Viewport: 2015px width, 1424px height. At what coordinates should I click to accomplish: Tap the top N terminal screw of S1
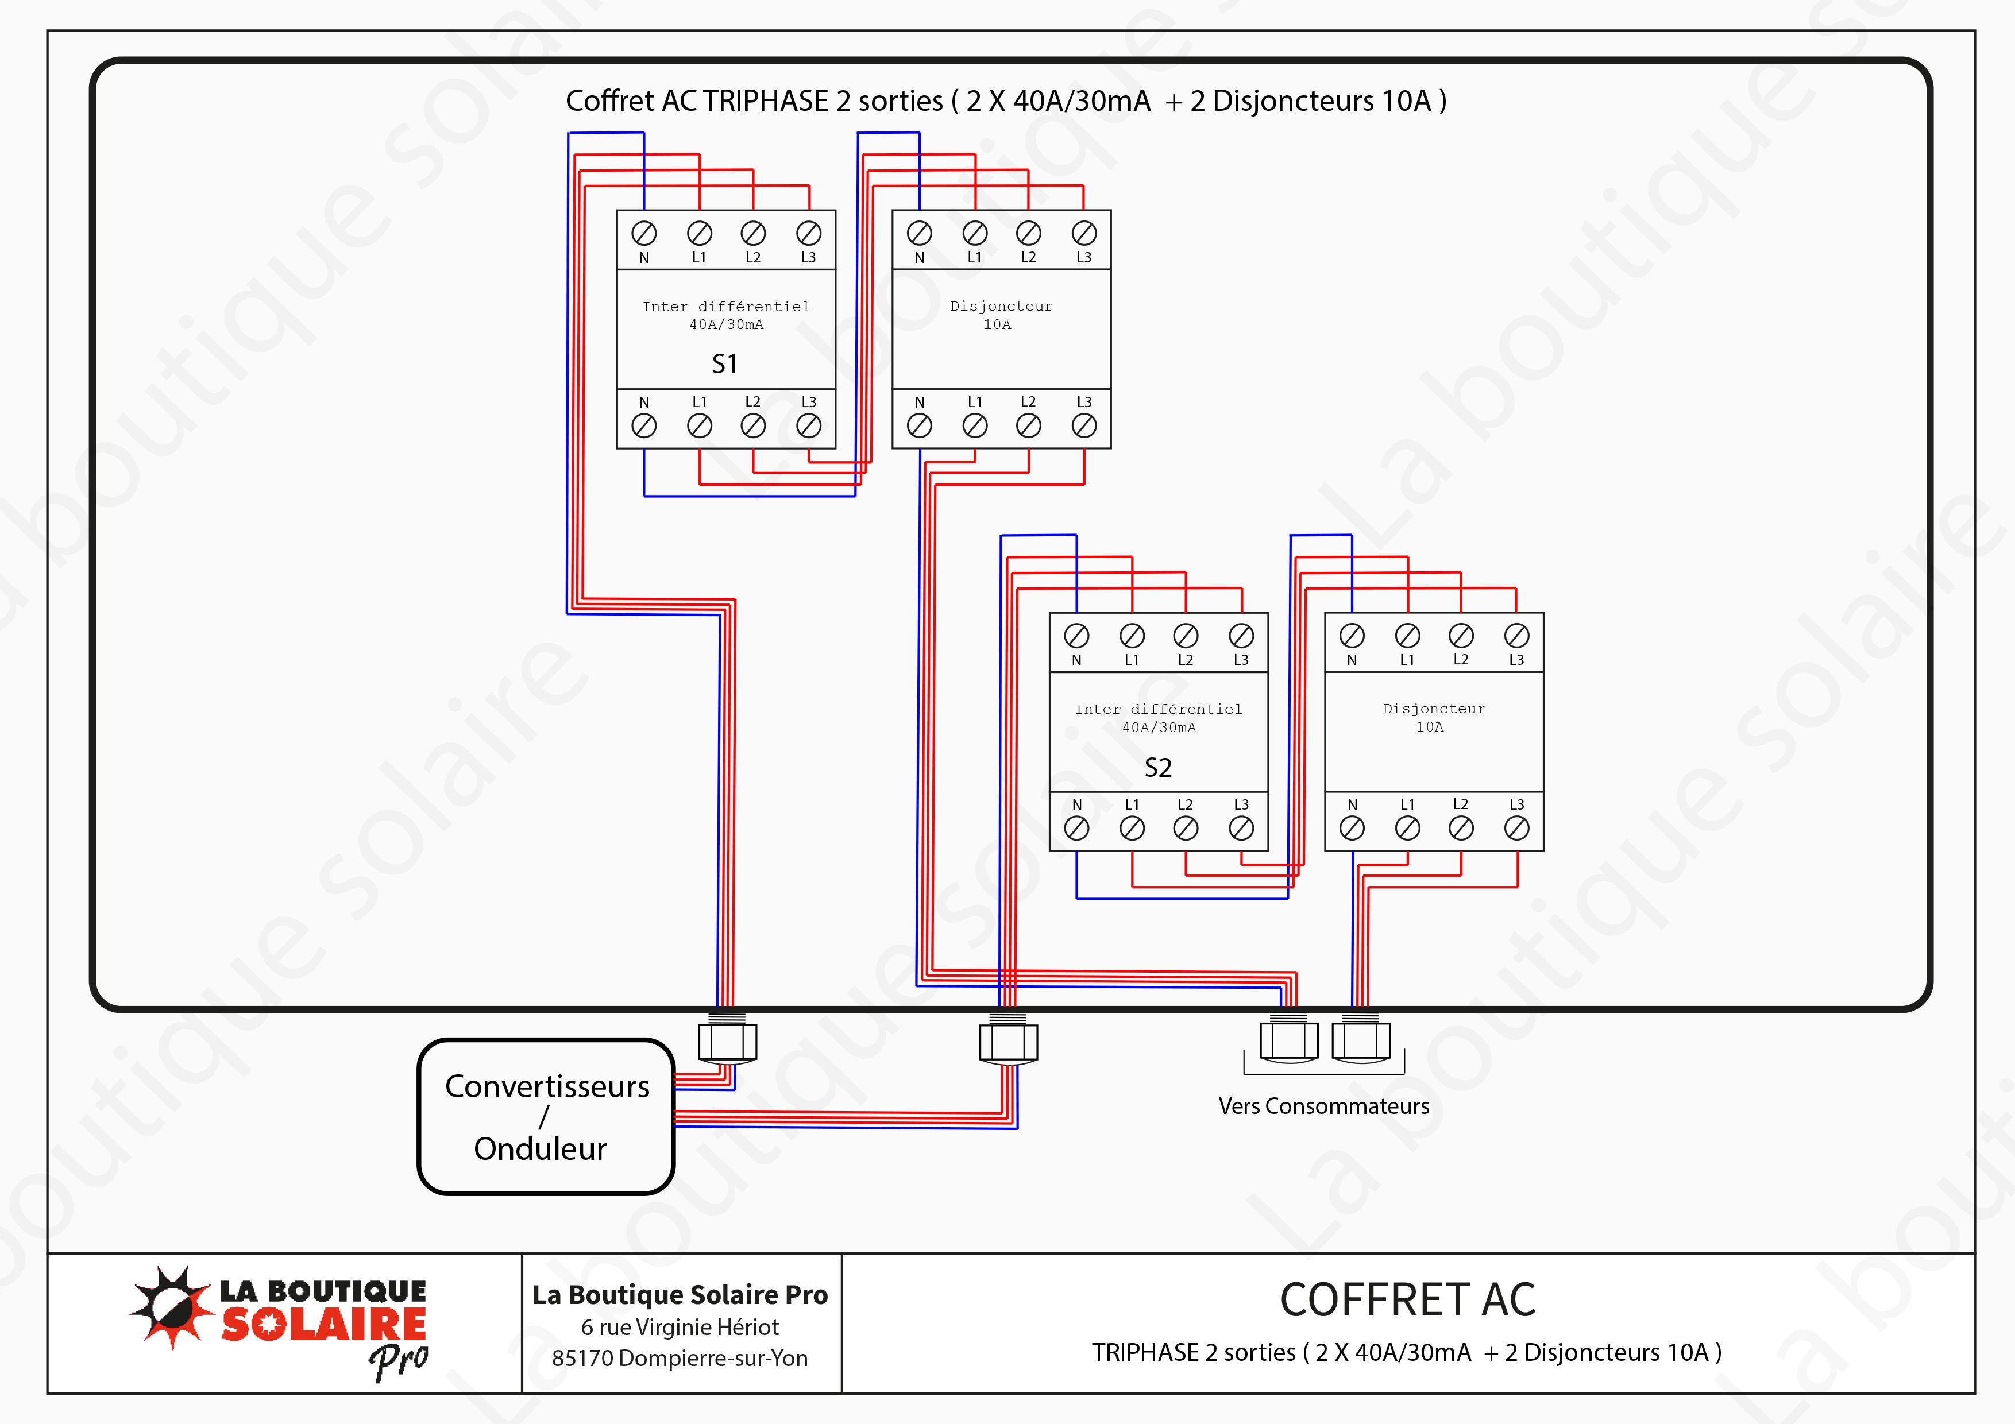(644, 233)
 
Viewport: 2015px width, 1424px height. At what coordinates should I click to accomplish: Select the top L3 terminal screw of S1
(808, 233)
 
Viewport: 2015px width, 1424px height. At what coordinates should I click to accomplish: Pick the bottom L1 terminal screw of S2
(1132, 828)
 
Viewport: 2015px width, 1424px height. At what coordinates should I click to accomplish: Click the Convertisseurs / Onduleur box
(546, 1116)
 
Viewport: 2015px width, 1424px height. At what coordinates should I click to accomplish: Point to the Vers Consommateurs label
(1323, 1106)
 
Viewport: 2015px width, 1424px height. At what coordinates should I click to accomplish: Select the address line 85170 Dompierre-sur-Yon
(680, 1358)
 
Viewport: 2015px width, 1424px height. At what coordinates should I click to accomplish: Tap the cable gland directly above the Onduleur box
(728, 1042)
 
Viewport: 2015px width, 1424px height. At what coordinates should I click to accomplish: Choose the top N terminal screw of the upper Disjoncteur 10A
(919, 233)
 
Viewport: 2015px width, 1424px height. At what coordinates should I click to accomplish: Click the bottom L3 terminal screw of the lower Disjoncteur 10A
(1516, 828)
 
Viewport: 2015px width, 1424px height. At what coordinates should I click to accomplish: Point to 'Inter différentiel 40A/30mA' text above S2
(1159, 718)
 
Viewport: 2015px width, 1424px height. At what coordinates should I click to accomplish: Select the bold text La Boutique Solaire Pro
(680, 1295)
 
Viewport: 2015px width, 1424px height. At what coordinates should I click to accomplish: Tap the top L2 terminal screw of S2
(1186, 636)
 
